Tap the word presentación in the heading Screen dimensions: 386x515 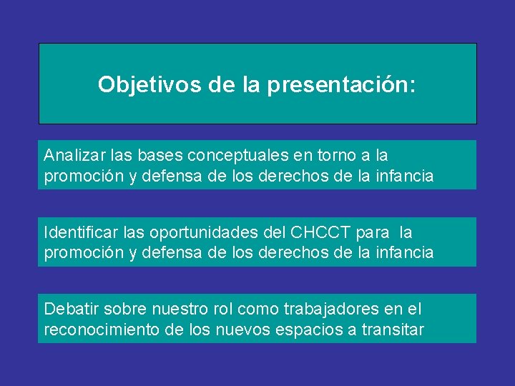[341, 85]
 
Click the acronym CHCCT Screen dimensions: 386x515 [320, 233]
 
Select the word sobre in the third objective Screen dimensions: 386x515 [123, 310]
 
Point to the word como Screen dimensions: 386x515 [257, 310]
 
